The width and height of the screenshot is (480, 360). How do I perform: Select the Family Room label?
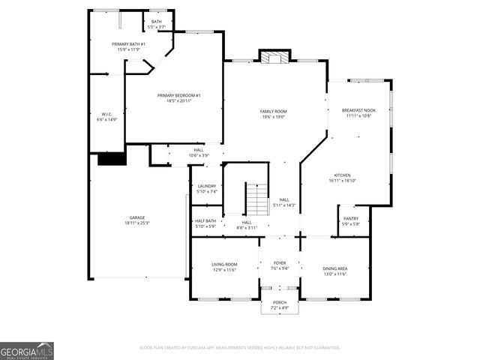(x=274, y=111)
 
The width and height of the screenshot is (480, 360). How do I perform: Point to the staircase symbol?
(x=257, y=199)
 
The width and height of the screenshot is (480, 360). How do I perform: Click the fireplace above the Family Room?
(x=274, y=56)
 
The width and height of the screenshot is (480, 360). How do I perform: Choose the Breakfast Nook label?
(x=358, y=110)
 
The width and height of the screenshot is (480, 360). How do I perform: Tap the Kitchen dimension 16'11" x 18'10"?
(x=343, y=181)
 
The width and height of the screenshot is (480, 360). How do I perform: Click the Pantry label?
(x=351, y=218)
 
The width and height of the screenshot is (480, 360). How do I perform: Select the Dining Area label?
(x=334, y=268)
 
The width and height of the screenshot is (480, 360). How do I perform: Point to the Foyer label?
(x=280, y=264)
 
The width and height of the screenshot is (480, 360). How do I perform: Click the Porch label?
(x=280, y=303)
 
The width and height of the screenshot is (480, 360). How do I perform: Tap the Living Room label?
(x=224, y=264)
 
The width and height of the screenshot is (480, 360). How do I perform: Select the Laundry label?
(x=207, y=186)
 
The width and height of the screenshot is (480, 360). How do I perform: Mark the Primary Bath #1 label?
(x=128, y=44)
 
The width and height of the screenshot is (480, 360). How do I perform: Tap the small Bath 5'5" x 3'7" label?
(x=156, y=22)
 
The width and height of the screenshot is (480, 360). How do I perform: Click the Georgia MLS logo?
(x=27, y=351)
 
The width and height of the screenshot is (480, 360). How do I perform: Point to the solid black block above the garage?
(x=112, y=158)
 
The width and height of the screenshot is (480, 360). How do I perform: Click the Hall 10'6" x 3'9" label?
(x=199, y=150)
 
